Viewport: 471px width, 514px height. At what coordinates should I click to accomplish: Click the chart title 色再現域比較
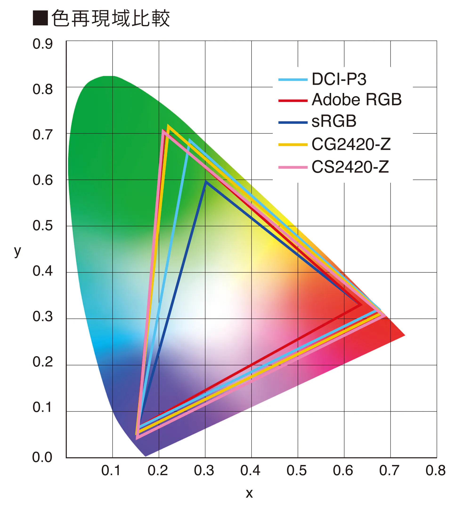tap(111, 18)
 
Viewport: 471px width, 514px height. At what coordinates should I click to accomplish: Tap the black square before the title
tap(40, 18)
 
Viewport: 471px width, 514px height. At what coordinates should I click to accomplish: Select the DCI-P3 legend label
tap(339, 79)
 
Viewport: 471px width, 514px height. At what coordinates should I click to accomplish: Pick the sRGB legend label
tap(334, 121)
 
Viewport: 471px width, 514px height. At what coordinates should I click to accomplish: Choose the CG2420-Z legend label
tap(351, 144)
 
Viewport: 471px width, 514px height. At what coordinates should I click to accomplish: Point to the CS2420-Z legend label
tap(350, 167)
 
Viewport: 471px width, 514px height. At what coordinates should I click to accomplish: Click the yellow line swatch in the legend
tap(293, 145)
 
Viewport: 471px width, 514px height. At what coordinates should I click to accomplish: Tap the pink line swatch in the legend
tap(293, 167)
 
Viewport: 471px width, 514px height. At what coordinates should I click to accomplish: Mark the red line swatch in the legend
tap(293, 101)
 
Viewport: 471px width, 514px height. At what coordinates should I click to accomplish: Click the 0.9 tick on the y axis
tap(43, 44)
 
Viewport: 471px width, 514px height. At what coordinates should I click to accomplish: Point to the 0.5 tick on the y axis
tap(43, 226)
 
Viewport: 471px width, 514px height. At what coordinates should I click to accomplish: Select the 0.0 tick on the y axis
tap(42, 457)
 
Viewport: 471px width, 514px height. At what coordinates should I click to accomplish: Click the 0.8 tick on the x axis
tap(436, 471)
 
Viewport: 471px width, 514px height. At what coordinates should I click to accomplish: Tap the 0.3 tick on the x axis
tap(204, 471)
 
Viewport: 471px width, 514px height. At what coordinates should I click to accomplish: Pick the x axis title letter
tap(249, 494)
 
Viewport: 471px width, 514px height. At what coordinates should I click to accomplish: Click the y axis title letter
tap(18, 252)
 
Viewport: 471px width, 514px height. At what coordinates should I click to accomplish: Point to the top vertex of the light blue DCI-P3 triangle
tap(189, 140)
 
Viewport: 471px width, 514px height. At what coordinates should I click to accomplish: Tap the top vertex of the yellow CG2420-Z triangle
tap(168, 126)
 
